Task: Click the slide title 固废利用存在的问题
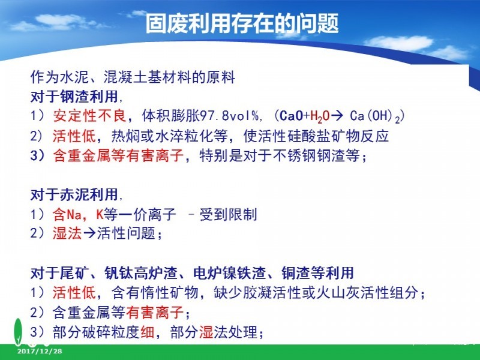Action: (x=242, y=23)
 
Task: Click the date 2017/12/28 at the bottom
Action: (x=40, y=351)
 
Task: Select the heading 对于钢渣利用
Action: (x=74, y=97)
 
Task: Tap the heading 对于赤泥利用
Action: (x=74, y=194)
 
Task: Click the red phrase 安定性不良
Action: (x=89, y=116)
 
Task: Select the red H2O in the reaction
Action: (x=320, y=116)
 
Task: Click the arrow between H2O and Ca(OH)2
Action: (x=337, y=116)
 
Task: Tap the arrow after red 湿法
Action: (x=89, y=233)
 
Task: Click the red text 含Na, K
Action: (x=78, y=214)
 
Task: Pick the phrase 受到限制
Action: (x=228, y=214)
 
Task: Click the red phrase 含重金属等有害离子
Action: (x=118, y=155)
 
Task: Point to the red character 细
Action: (x=147, y=332)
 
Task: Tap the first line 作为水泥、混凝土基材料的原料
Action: (x=133, y=77)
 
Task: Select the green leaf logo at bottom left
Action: (x=19, y=332)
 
